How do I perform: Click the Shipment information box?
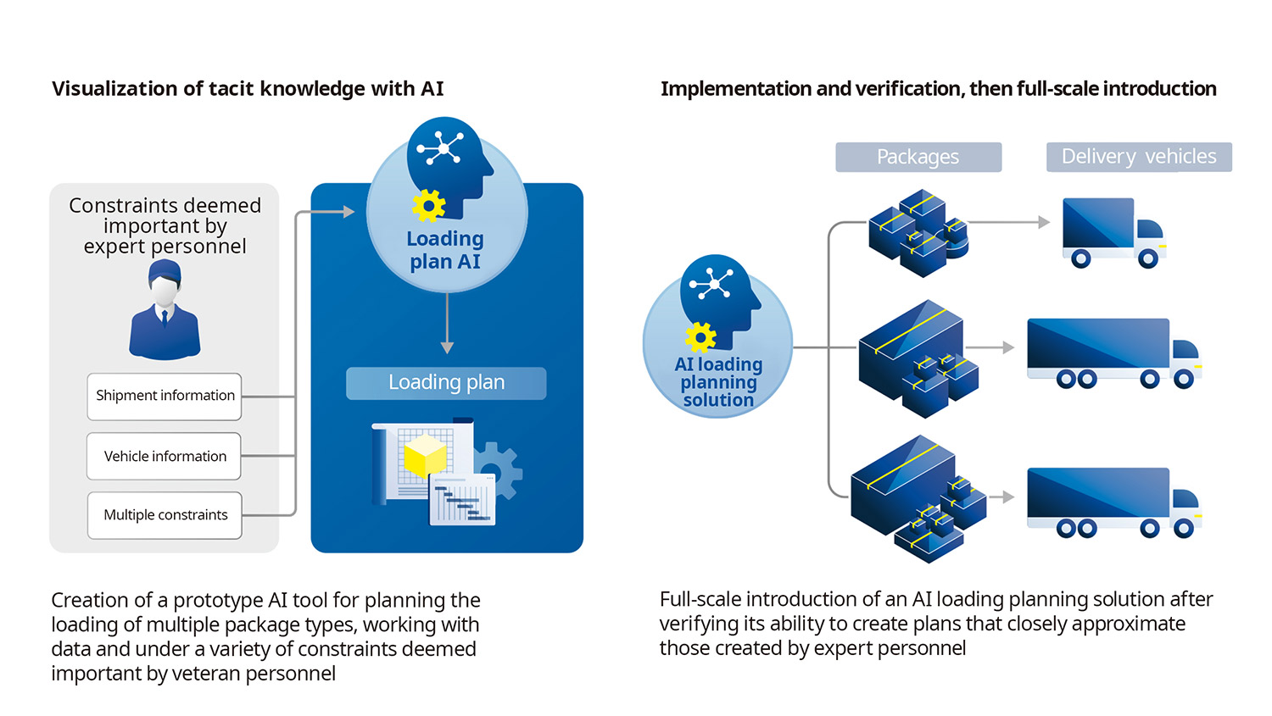[x=165, y=396]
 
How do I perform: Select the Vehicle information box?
[x=165, y=456]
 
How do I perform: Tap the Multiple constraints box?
[x=165, y=515]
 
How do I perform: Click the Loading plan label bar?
[x=446, y=383]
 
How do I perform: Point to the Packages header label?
[x=918, y=157]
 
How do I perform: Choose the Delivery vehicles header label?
[x=1139, y=157]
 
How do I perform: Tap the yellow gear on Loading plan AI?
[x=429, y=205]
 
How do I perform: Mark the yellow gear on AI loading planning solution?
[x=700, y=336]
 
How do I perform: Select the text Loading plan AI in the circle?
[x=445, y=250]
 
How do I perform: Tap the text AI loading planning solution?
[x=718, y=382]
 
